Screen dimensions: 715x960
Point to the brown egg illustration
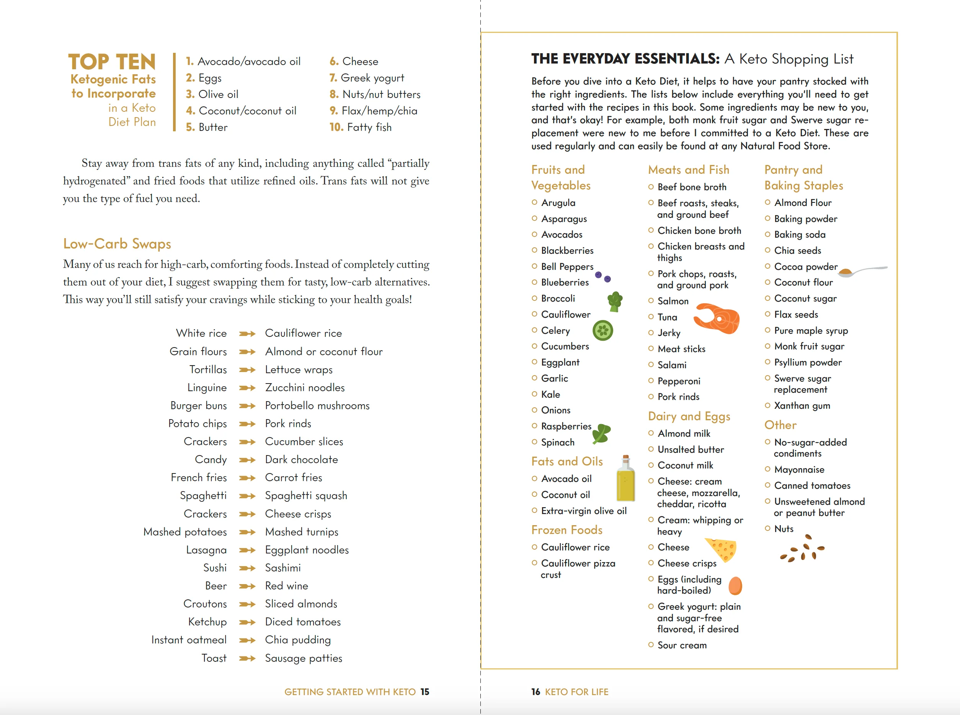(735, 586)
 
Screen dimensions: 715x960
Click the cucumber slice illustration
(602, 331)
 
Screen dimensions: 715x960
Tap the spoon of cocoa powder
(861, 271)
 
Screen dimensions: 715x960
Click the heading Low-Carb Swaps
(117, 244)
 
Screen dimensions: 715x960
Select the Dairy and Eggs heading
(689, 416)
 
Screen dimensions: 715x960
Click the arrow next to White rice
(247, 334)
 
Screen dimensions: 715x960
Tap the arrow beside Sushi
(247, 568)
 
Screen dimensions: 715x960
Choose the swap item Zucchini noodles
(305, 388)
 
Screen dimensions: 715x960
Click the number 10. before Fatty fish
(336, 127)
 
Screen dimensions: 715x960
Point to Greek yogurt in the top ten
(372, 78)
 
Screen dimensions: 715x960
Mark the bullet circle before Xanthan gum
(767, 406)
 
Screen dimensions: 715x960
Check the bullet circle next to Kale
(534, 394)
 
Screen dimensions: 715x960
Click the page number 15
(425, 692)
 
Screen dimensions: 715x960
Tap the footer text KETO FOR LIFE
(576, 692)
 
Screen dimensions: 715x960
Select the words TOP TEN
(112, 62)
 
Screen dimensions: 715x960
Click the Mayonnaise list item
(799, 470)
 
